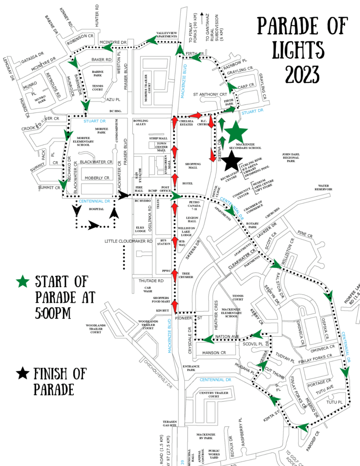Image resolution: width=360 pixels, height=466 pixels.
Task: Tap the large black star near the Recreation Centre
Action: [231, 161]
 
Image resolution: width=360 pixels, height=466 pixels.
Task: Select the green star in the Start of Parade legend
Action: [21, 282]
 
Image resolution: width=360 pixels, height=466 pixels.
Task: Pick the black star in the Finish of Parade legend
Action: [21, 374]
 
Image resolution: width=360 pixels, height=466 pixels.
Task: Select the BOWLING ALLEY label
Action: [141, 123]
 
